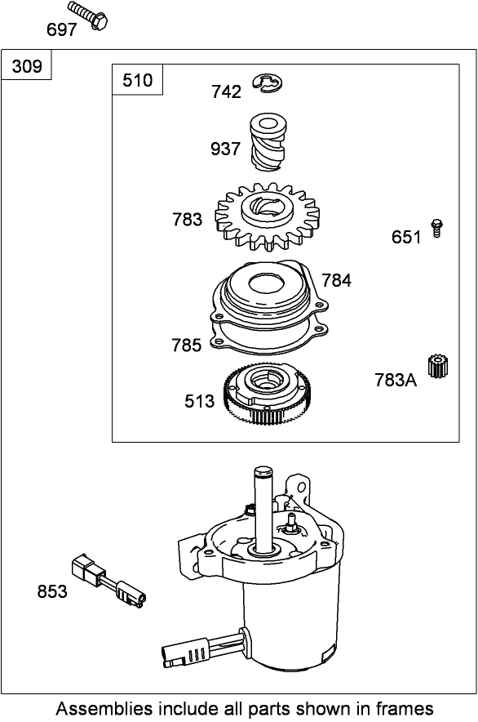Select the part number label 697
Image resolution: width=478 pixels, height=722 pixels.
62,30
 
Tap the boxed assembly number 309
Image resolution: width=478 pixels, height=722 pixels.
28,66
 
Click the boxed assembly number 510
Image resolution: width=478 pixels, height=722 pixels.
137,80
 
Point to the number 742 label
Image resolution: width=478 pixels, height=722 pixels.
226,92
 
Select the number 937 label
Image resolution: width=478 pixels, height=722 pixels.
225,149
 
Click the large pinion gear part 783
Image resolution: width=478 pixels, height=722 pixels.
266,217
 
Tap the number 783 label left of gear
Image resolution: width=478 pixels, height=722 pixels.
188,220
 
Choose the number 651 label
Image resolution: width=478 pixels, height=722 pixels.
406,238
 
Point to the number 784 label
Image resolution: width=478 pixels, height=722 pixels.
336,281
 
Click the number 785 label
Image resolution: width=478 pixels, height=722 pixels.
186,345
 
